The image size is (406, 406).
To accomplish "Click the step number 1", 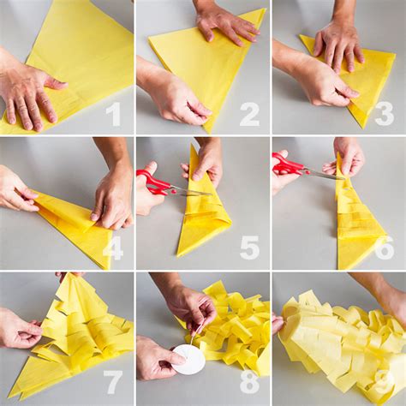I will point(113,113).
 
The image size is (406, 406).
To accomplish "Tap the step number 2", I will point(248,113).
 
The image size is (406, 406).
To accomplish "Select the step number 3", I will point(384,113).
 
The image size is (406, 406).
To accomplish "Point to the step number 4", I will point(113,248).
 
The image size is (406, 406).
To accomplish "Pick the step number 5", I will point(248,248).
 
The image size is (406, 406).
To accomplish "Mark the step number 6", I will point(384,248).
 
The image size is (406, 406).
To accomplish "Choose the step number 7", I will point(113,384).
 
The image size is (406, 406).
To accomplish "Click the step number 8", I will point(248,384).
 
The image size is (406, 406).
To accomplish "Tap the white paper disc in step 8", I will point(188,360).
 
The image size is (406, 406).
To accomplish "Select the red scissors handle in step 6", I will point(288,164).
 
